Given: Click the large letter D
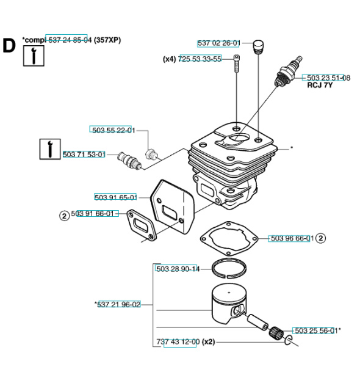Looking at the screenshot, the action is click(x=9, y=46).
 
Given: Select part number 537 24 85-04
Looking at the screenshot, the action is click(x=70, y=40).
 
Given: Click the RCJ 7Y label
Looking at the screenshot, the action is click(x=320, y=86).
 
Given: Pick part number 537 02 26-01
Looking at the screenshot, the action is click(x=218, y=43).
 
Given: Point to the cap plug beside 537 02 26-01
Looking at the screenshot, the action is click(x=258, y=47).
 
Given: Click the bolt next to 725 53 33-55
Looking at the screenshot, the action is click(x=237, y=64).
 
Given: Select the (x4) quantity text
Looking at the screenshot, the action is click(x=169, y=59).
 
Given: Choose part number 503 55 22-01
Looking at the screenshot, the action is click(x=113, y=130).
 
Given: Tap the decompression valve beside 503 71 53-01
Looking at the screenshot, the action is click(x=129, y=161).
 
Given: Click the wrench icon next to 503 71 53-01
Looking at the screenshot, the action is click(x=50, y=149).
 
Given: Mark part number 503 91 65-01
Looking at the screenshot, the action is click(x=116, y=197).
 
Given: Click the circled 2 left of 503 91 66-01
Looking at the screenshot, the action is click(x=65, y=216).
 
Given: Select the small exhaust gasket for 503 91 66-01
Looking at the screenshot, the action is click(x=141, y=225).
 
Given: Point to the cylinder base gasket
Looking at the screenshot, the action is click(x=229, y=239).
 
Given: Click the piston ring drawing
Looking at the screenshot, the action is click(x=229, y=269).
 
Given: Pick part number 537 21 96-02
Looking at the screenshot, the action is click(x=119, y=305).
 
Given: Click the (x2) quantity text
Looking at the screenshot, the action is click(x=209, y=341).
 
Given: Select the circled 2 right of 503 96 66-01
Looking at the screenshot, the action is click(x=321, y=238).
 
